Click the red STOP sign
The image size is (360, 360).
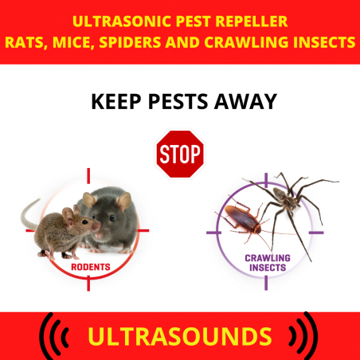tap(180, 154)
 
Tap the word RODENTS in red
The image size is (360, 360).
tap(91, 267)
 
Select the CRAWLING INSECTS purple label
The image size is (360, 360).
tap(268, 263)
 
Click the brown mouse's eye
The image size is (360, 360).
tap(84, 221)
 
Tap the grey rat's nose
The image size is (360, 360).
tap(99, 236)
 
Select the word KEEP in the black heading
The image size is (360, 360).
tap(116, 101)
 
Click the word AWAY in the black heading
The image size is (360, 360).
tap(245, 101)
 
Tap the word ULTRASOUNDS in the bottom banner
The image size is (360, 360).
tap(180, 336)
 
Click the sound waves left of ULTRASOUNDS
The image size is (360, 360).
tap(53, 337)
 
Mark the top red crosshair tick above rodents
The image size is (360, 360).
tap(88, 175)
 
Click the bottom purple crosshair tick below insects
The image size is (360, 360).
tap(266, 283)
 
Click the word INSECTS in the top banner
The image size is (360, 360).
tap(324, 42)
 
